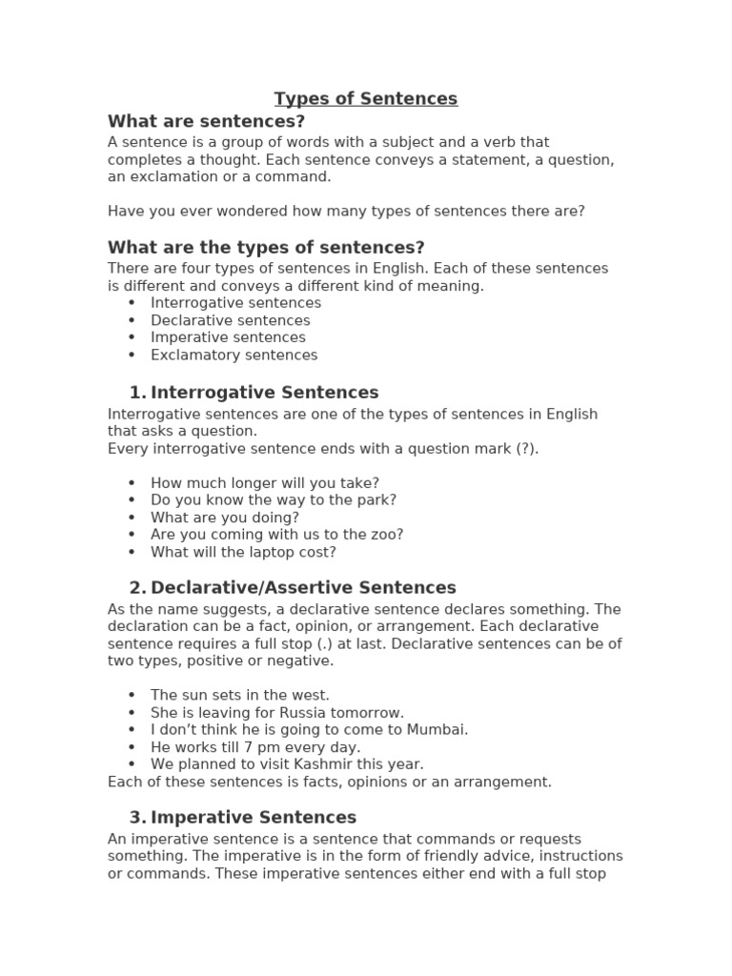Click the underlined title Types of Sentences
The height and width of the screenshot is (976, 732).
coord(366,99)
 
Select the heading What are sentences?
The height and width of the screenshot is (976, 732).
coord(206,121)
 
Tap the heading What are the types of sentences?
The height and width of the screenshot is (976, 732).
coord(266,248)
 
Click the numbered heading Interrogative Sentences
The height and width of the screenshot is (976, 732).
coord(264,393)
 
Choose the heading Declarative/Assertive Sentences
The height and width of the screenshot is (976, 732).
coord(303,588)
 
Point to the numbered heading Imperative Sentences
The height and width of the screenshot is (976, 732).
coord(254,818)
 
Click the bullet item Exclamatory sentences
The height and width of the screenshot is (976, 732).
coord(234,356)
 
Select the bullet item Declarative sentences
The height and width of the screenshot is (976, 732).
coord(230,320)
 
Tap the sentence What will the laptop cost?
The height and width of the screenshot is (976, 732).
coord(243,552)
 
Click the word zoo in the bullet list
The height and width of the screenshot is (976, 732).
coord(390,535)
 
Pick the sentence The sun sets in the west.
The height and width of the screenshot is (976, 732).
coord(240,696)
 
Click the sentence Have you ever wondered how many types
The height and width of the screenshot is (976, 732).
coord(346,211)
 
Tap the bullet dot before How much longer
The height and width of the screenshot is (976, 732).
coord(132,483)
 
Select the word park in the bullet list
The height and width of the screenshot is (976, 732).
coord(378,499)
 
